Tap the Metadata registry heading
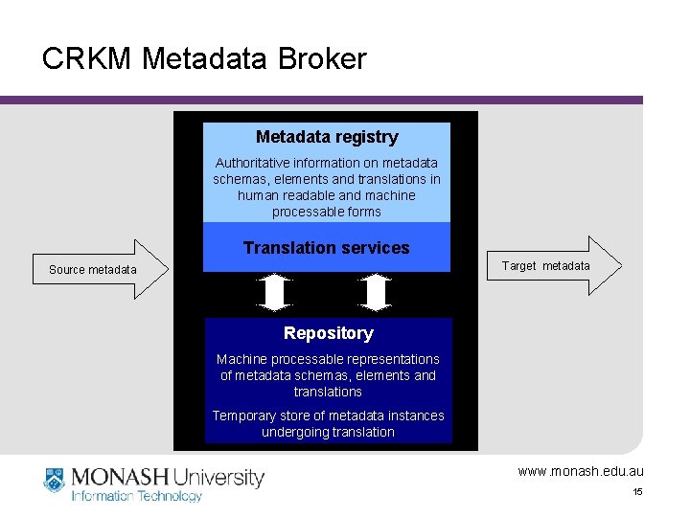[x=327, y=137]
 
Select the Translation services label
[x=326, y=248]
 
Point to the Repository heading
[x=328, y=333]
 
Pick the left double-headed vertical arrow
[x=276, y=293]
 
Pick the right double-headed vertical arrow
[x=377, y=293]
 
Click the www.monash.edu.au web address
[x=581, y=471]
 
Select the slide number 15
[x=636, y=492]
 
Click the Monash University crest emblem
[x=54, y=481]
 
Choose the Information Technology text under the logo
[x=137, y=496]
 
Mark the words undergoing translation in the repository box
[x=328, y=432]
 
